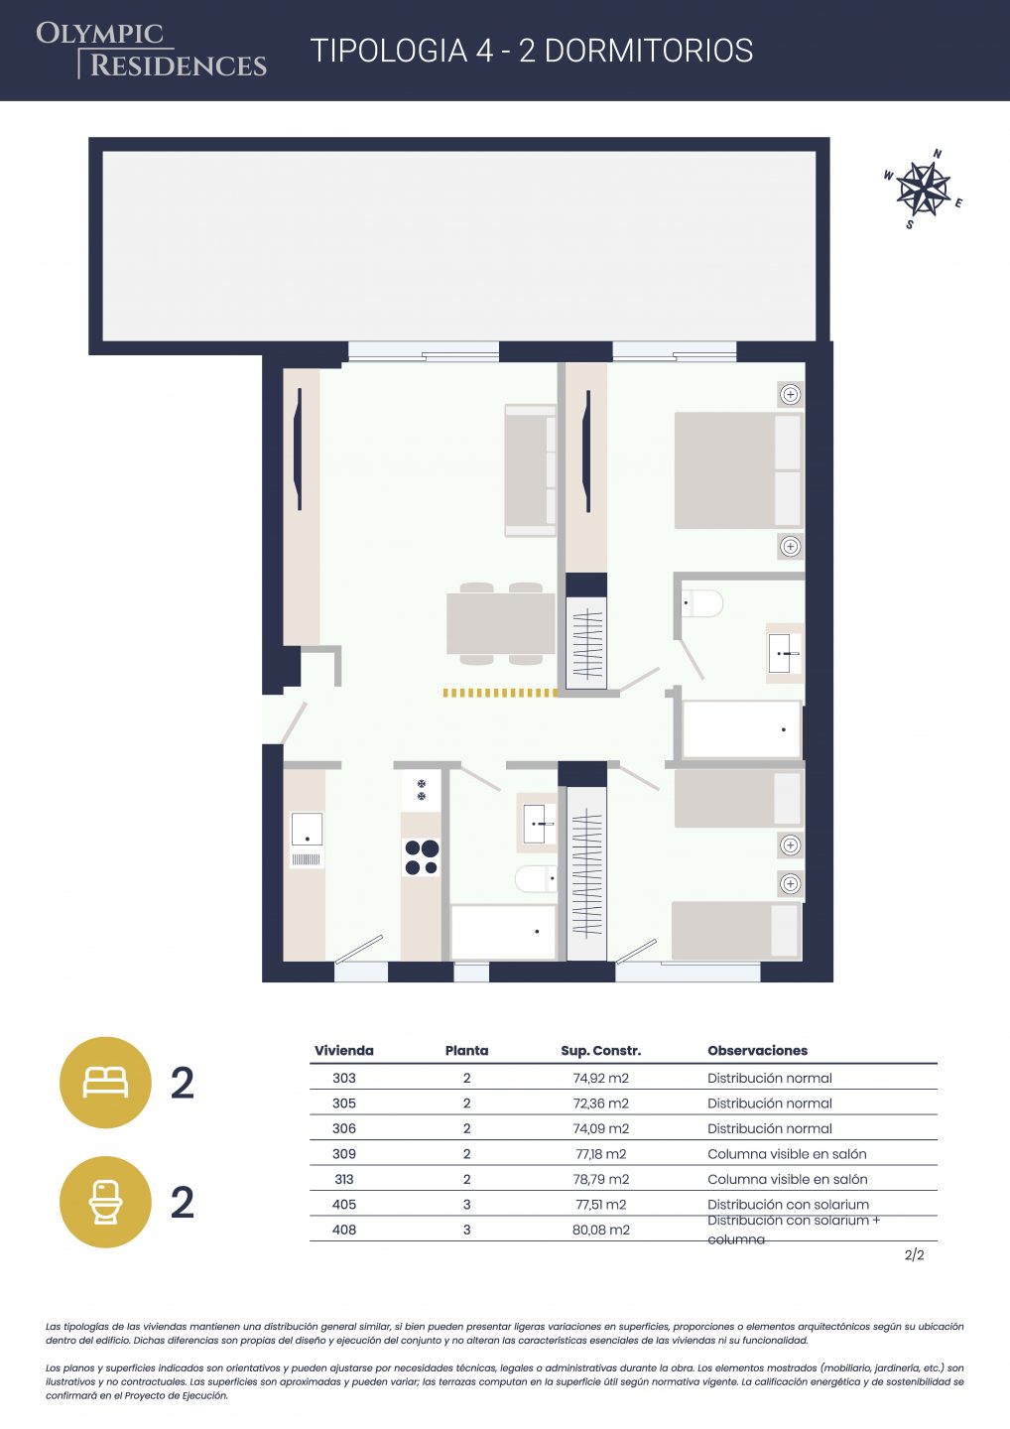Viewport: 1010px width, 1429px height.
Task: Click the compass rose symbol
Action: click(x=923, y=189)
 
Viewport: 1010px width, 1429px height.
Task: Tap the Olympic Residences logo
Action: click(x=151, y=51)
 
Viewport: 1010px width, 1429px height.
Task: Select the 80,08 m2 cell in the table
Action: click(x=600, y=1230)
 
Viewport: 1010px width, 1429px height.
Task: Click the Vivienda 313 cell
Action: click(x=343, y=1179)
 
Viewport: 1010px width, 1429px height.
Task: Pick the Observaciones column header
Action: click(x=758, y=1051)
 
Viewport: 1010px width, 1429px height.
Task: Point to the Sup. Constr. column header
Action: click(x=600, y=1051)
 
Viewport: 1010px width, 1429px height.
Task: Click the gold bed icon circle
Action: click(x=105, y=1083)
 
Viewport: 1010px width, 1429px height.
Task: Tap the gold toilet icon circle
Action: click(x=105, y=1202)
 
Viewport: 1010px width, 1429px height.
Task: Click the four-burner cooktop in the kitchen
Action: click(x=422, y=857)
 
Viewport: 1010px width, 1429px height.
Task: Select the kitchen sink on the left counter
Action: click(x=307, y=840)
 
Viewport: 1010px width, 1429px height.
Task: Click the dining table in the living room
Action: click(x=501, y=623)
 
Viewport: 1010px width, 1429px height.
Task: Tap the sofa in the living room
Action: click(x=531, y=470)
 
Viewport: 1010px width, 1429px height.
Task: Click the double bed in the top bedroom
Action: click(x=738, y=470)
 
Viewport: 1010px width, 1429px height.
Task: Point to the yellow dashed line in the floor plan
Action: click(x=501, y=693)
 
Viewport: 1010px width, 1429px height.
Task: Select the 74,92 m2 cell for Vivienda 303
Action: click(x=600, y=1078)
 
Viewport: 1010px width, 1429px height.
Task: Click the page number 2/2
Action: click(x=914, y=1254)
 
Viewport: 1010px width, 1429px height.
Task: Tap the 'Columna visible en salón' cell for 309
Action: click(x=787, y=1153)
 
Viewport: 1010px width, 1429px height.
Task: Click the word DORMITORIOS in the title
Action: click(x=649, y=51)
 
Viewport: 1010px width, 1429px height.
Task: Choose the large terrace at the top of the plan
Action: click(x=459, y=246)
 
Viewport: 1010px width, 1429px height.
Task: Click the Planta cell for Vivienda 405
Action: click(x=466, y=1205)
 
